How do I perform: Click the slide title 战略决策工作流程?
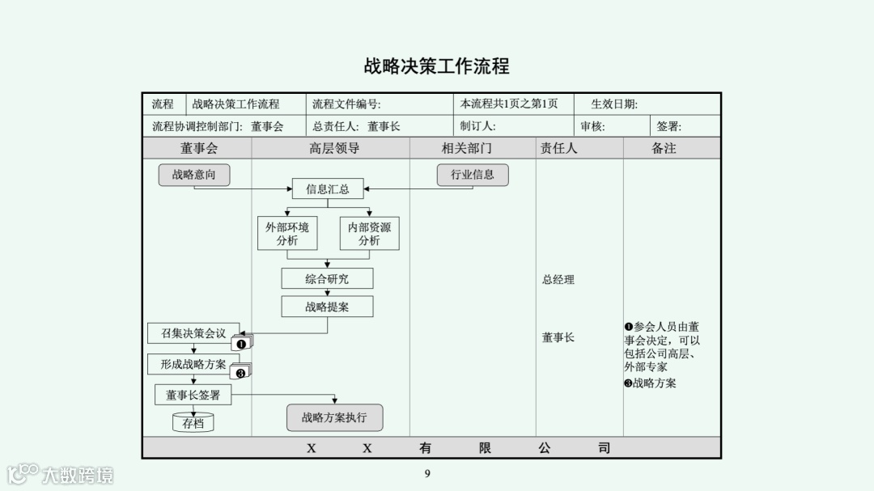436,66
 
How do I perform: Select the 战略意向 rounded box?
194,175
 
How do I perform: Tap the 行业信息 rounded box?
473,175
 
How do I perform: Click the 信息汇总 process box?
328,189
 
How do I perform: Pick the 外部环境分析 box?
287,234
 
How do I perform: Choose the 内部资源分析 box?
369,234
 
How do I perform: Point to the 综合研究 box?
327,279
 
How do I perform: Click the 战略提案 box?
327,307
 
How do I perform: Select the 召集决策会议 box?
193,333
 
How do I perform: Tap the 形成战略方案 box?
193,364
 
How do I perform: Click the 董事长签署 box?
193,395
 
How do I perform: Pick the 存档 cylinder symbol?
193,422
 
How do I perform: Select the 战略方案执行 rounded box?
334,417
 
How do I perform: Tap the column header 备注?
664,148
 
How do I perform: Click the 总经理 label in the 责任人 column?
558,280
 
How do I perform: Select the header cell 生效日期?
614,104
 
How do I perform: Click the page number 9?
427,474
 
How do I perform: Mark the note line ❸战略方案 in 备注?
650,383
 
